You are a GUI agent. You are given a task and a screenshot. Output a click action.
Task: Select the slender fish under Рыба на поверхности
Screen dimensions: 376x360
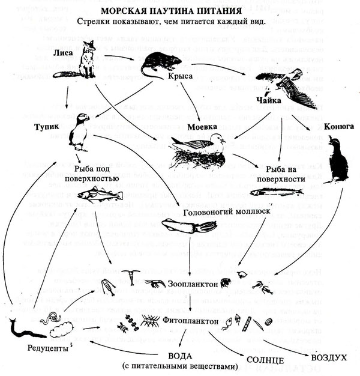(x=273, y=192)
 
